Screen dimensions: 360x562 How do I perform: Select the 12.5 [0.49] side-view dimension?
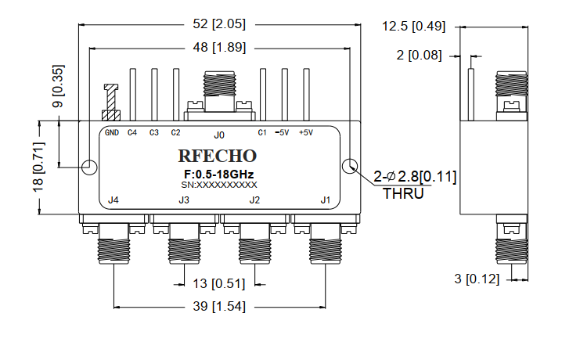(413, 27)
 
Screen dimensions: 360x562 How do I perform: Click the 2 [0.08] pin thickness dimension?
(420, 56)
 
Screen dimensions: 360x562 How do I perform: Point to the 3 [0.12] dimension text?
(476, 279)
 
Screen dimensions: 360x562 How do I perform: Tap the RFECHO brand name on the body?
(213, 155)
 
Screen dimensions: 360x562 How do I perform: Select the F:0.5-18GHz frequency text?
(213, 173)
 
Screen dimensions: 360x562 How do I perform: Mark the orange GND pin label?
(112, 132)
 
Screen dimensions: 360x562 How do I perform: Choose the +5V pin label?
(304, 132)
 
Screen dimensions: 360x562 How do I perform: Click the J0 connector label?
(219, 134)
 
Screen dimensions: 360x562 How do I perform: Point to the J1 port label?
(326, 201)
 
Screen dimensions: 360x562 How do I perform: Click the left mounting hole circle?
(90, 167)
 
